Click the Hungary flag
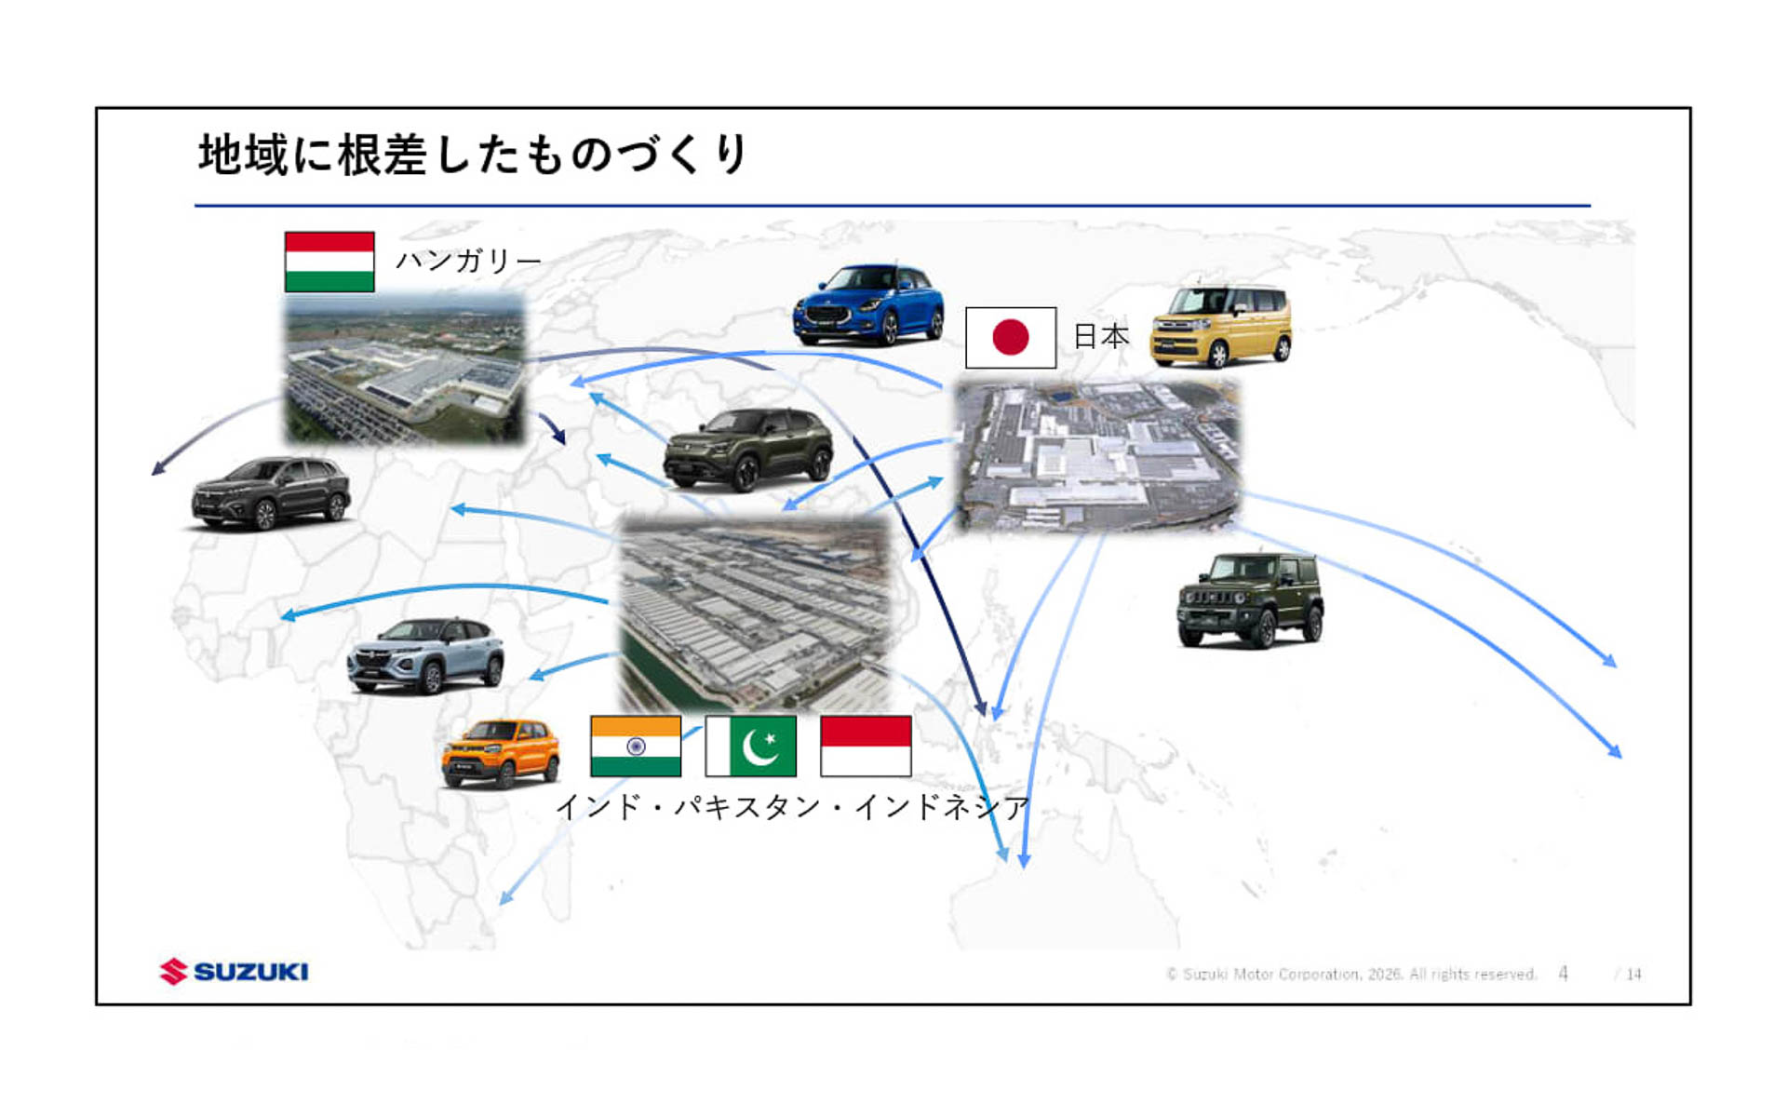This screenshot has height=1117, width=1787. [x=329, y=262]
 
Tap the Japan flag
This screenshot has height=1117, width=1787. [x=1011, y=338]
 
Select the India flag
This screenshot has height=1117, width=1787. [x=636, y=746]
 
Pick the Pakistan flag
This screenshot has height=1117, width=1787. [x=751, y=746]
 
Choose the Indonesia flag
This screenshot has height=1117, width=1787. [x=866, y=746]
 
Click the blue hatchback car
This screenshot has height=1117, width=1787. [x=867, y=304]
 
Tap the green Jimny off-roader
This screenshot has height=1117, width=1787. [x=1250, y=600]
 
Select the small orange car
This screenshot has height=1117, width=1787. [x=501, y=753]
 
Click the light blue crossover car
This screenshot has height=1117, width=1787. [x=425, y=655]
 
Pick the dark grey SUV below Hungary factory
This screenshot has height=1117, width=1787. [x=271, y=492]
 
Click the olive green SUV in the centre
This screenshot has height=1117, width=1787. [x=748, y=449]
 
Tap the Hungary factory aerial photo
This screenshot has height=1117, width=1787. [x=405, y=369]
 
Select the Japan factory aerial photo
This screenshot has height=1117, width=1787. [x=1099, y=456]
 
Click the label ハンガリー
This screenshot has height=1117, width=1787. [x=468, y=261]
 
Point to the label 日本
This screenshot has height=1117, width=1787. [x=1101, y=336]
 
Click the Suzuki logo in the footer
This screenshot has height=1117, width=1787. [x=234, y=972]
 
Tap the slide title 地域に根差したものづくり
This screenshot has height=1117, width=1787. [x=473, y=155]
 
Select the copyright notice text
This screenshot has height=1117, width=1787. [x=1350, y=975]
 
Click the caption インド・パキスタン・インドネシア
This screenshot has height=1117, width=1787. [x=792, y=806]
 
